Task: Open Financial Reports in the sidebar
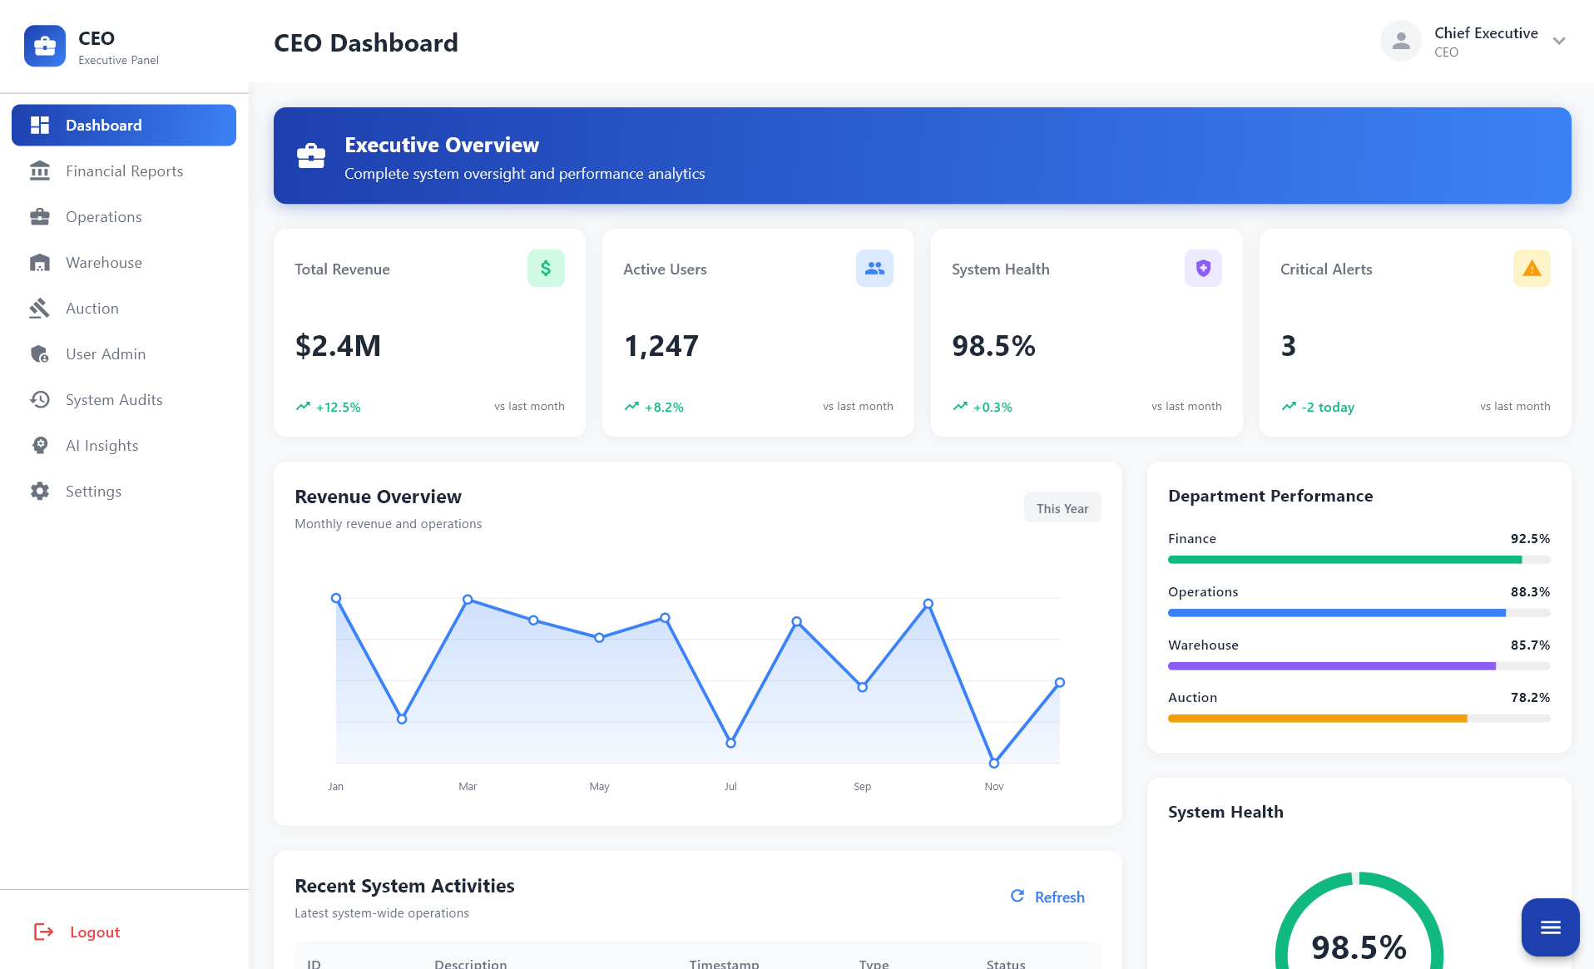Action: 124,171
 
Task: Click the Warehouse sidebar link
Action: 103,263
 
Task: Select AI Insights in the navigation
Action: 101,446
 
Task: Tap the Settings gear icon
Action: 40,492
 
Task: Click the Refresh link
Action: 1047,897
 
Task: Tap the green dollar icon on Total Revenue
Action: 546,269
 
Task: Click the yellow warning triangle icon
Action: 1531,269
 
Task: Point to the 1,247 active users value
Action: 661,346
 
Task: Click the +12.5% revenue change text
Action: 338,408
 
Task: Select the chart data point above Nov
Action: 993,763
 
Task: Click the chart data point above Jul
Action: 730,743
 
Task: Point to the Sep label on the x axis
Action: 862,787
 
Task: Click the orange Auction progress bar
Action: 1317,719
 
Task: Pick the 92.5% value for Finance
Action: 1529,539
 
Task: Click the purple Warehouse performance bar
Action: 1331,666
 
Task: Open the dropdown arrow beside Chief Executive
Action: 1558,42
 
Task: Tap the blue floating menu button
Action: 1550,927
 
